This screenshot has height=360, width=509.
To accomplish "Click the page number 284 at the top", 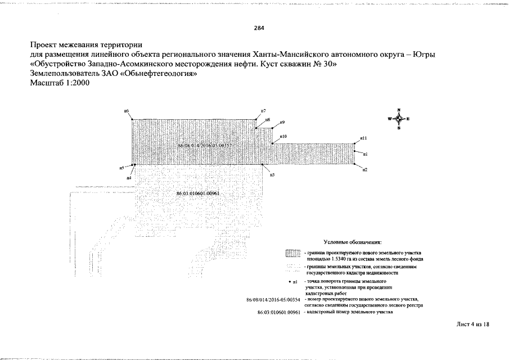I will pos(259,28).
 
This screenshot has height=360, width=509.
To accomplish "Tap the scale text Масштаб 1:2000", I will pos(60,83).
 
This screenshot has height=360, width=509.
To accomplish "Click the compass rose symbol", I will pos(398,119).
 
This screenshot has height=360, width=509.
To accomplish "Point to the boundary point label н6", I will pos(127,112).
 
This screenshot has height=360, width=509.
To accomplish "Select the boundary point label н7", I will pos(263,111).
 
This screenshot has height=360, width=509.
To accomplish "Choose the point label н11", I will pos(364,138).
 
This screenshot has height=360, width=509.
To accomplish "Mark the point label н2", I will pos(364,170).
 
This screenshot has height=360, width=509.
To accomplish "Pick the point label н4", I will pos(129,178).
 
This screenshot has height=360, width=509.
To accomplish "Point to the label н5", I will pos(121,168).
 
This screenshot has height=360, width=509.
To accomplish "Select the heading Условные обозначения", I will pos(353,241).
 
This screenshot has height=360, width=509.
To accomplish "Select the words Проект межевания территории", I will pos(86,44).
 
